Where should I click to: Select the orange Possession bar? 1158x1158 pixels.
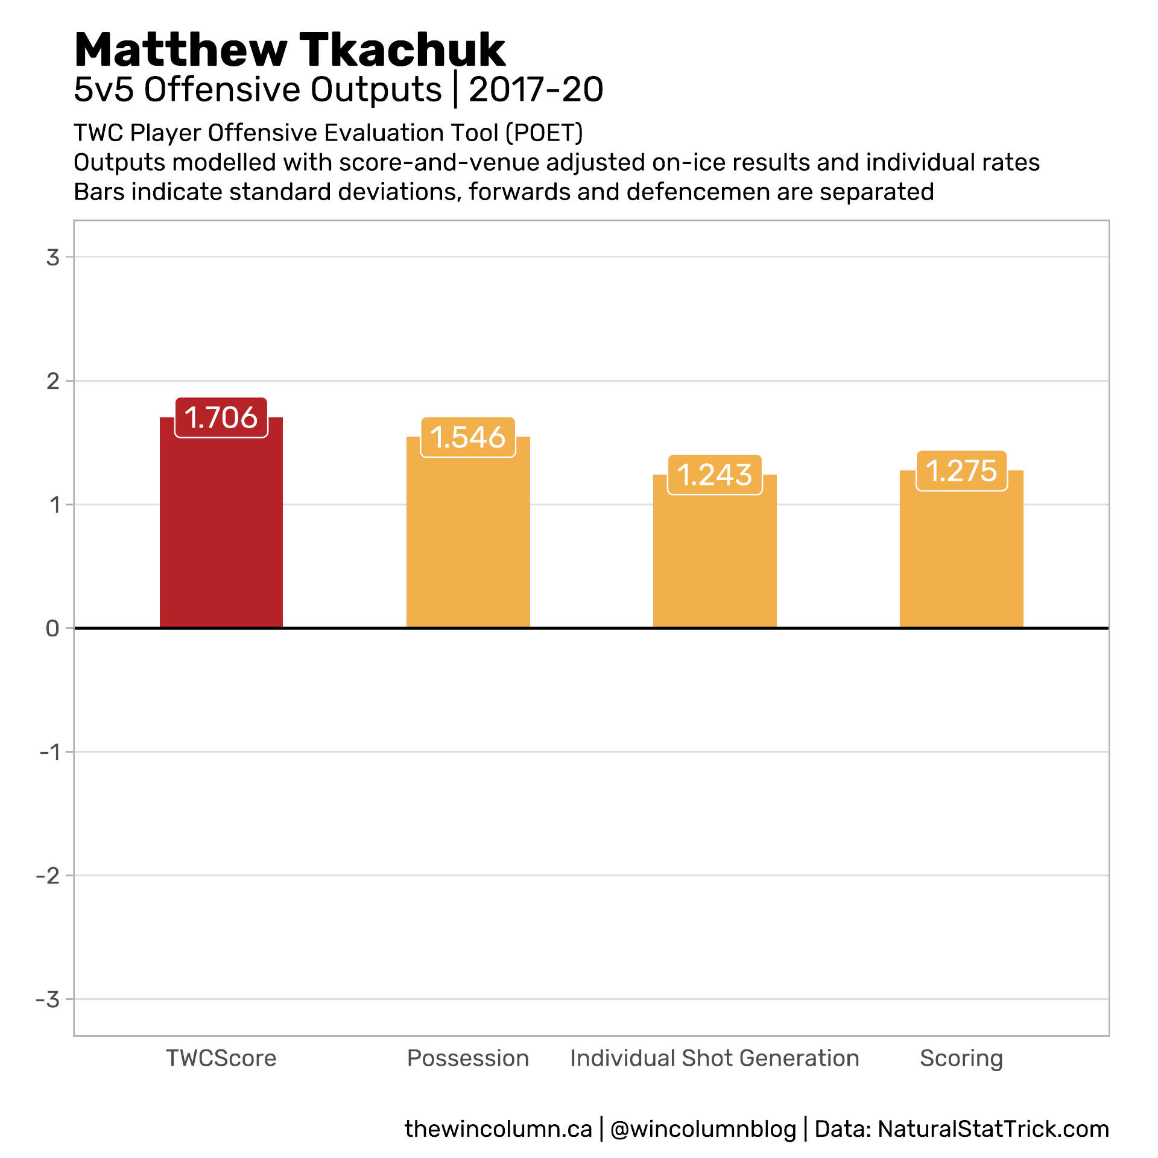pyautogui.click(x=468, y=543)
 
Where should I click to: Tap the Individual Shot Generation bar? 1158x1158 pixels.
pyautogui.click(x=715, y=561)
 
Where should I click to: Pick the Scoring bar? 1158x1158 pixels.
pyautogui.click(x=961, y=561)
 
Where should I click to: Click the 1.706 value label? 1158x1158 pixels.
pyautogui.click(x=221, y=417)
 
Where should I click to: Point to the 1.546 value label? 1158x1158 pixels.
pyautogui.click(x=468, y=437)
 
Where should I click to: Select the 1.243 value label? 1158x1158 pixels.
pyautogui.click(x=715, y=475)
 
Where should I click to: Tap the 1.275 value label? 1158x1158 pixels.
pyautogui.click(x=961, y=471)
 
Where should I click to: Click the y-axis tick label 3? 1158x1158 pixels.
pyautogui.click(x=53, y=258)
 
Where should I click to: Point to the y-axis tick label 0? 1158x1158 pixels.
pyautogui.click(x=52, y=628)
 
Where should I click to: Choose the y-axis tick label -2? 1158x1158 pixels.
pyautogui.click(x=48, y=876)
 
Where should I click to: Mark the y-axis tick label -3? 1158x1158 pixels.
pyautogui.click(x=48, y=999)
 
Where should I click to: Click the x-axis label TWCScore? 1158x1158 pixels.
pyautogui.click(x=221, y=1058)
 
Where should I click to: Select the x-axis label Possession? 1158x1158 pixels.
pyautogui.click(x=468, y=1058)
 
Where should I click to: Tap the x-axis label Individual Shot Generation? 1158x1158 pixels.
pyautogui.click(x=715, y=1058)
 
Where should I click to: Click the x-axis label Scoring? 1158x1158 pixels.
pyautogui.click(x=961, y=1058)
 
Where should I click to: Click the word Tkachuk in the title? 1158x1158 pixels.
pyautogui.click(x=402, y=49)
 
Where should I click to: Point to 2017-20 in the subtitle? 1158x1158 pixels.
pyautogui.click(x=536, y=90)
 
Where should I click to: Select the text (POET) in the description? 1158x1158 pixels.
pyautogui.click(x=544, y=133)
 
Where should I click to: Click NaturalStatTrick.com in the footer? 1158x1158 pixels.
pyautogui.click(x=993, y=1129)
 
